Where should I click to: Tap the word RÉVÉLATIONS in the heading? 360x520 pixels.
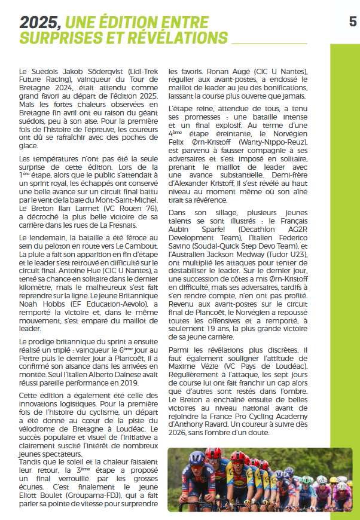click(177, 38)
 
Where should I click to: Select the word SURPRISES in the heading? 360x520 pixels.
click(62, 38)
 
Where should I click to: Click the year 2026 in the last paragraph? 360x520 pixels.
click(179, 432)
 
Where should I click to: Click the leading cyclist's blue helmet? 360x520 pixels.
click(197, 458)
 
